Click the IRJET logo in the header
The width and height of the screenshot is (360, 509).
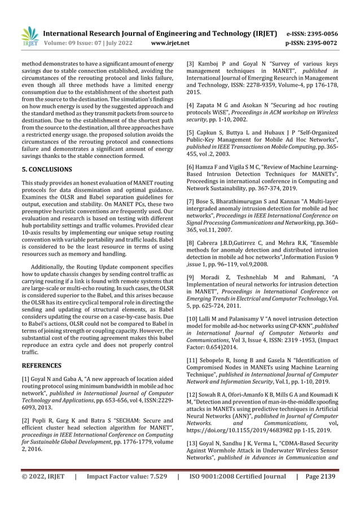point(29,37)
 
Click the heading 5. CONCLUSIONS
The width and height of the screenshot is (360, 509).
point(47,169)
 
